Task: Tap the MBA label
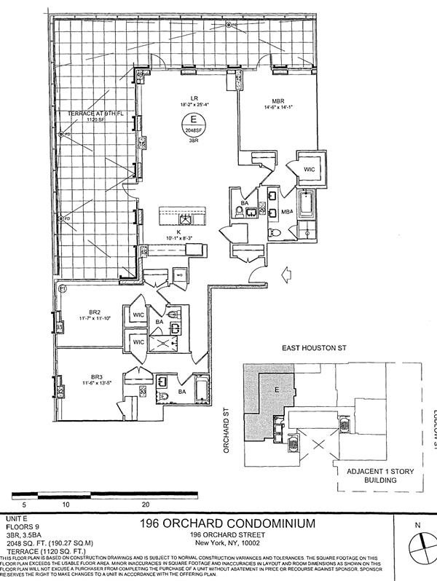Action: (287, 213)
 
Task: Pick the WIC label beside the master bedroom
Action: (309, 169)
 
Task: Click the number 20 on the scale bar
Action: (146, 503)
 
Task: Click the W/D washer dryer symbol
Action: (178, 274)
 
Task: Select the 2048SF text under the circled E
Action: (193, 130)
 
